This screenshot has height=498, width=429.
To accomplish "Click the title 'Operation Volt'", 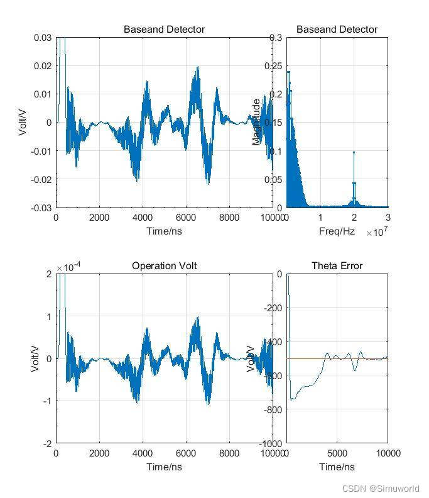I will point(164,266).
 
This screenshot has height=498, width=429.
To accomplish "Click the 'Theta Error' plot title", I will point(337,266).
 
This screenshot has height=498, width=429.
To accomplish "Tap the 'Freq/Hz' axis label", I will point(337,231).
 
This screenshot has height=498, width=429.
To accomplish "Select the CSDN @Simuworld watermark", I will point(381,488).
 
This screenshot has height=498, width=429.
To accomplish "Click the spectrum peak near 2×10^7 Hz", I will point(354,153).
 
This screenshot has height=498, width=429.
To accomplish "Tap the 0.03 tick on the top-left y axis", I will point(43,38).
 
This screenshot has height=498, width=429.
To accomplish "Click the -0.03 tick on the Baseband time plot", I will point(41,207).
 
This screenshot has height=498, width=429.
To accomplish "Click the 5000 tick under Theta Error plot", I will point(337,453).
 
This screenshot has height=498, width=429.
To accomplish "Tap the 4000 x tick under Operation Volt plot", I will point(143,453).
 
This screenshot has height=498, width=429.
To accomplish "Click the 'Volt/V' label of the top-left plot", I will point(23,122).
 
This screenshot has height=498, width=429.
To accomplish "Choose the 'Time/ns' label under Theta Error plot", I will point(337,467).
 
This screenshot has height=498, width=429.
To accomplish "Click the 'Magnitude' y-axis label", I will point(256,122).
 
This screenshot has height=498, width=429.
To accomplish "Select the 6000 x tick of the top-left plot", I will point(186,218).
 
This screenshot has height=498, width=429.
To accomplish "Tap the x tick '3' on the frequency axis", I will point(388,218).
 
